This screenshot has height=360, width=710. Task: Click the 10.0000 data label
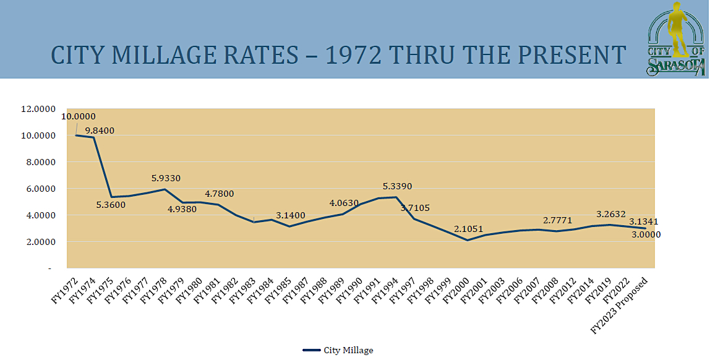point(79,116)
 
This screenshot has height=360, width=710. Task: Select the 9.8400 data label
point(100,131)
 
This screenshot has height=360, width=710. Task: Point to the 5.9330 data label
point(166,178)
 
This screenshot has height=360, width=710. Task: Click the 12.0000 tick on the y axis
point(38,109)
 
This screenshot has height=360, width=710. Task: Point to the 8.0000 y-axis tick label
point(38,162)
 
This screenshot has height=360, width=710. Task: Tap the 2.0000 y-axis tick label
point(38,242)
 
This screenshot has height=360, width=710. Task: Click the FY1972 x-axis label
point(64,287)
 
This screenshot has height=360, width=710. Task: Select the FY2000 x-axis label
point(456,287)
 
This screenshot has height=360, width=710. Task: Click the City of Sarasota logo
point(675,38)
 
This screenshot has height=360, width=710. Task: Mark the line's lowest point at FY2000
point(467,240)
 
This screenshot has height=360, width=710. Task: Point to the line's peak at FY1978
point(164,189)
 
